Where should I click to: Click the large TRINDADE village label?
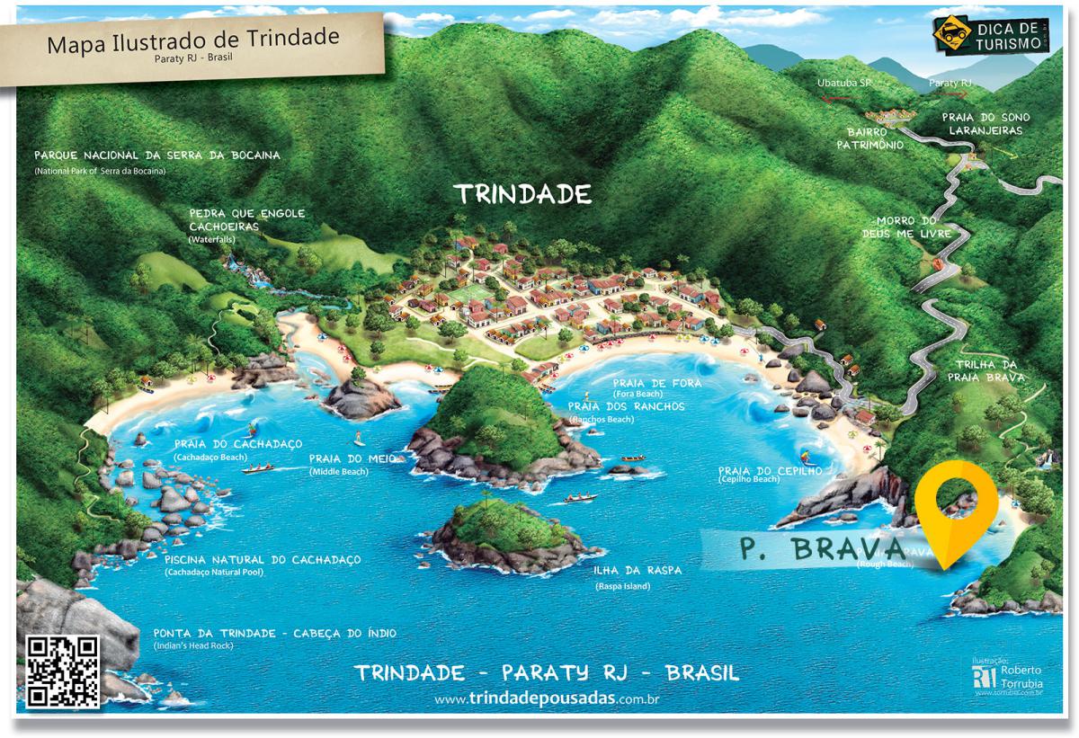click(522, 193)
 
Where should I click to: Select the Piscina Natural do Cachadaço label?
click(263, 560)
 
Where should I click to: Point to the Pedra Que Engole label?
click(247, 214)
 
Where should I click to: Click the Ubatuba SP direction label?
click(845, 83)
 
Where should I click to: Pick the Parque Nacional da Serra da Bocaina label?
click(156, 155)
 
